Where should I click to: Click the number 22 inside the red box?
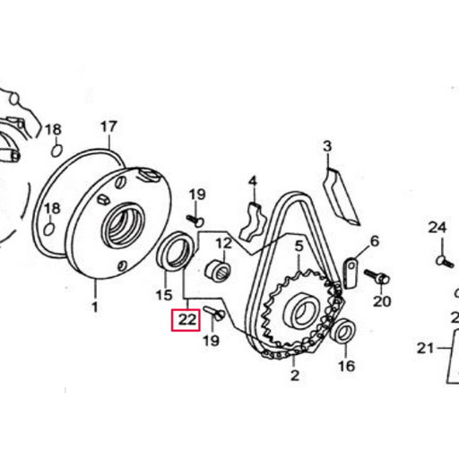186,319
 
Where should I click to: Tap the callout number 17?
108,127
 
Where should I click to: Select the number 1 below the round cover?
94,307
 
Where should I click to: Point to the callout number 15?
163,295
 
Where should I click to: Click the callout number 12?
222,243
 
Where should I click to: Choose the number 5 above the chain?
299,243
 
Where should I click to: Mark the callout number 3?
327,146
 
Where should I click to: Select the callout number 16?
346,366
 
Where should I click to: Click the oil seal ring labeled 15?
174,250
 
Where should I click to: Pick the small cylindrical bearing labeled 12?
218,268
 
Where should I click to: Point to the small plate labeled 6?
352,272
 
